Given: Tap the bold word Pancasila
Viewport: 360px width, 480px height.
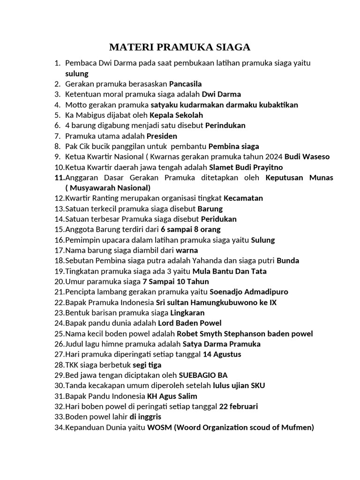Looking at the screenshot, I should click(186, 84).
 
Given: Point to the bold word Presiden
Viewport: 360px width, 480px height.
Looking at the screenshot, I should click(162, 136).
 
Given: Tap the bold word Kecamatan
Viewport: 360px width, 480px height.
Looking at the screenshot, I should click(243, 198).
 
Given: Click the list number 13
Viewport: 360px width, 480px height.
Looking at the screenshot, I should click(60, 209).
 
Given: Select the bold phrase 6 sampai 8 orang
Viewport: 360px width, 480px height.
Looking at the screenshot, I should click(190, 229).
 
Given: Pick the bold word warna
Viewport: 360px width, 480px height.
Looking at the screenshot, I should click(187, 250).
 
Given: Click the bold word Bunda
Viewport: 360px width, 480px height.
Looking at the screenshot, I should click(288, 261).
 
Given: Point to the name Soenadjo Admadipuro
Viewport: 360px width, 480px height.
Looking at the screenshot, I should click(249, 292).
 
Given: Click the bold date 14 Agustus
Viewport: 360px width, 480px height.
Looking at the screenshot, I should click(222, 354).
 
